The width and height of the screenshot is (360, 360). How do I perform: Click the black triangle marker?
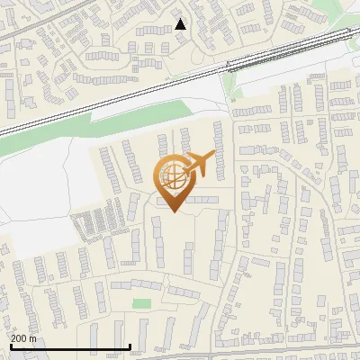click(180, 24)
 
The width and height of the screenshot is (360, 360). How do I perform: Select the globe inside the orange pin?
click(173, 176)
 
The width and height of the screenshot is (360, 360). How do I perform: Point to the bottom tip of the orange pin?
click(173, 212)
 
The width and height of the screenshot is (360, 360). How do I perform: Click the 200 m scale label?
click(23, 338)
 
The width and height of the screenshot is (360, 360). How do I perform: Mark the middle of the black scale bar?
click(70, 346)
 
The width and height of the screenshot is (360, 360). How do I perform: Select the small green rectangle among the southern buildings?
click(141, 304)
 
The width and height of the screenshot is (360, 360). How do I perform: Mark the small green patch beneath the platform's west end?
click(229, 85)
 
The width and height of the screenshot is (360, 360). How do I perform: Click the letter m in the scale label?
click(32, 338)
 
